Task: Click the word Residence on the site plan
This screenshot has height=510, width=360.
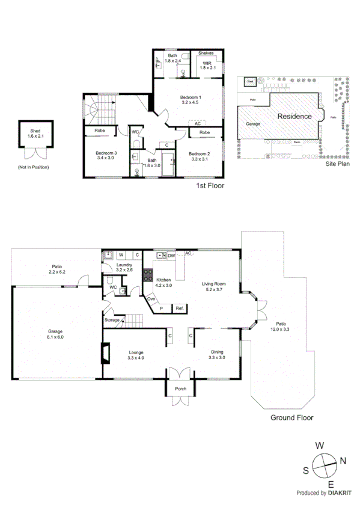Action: (294, 116)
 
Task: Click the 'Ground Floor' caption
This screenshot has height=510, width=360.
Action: (292, 417)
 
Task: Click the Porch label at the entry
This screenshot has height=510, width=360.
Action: (181, 389)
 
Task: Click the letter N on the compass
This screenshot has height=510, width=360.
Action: (343, 461)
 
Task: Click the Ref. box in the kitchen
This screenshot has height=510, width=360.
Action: (179, 308)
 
